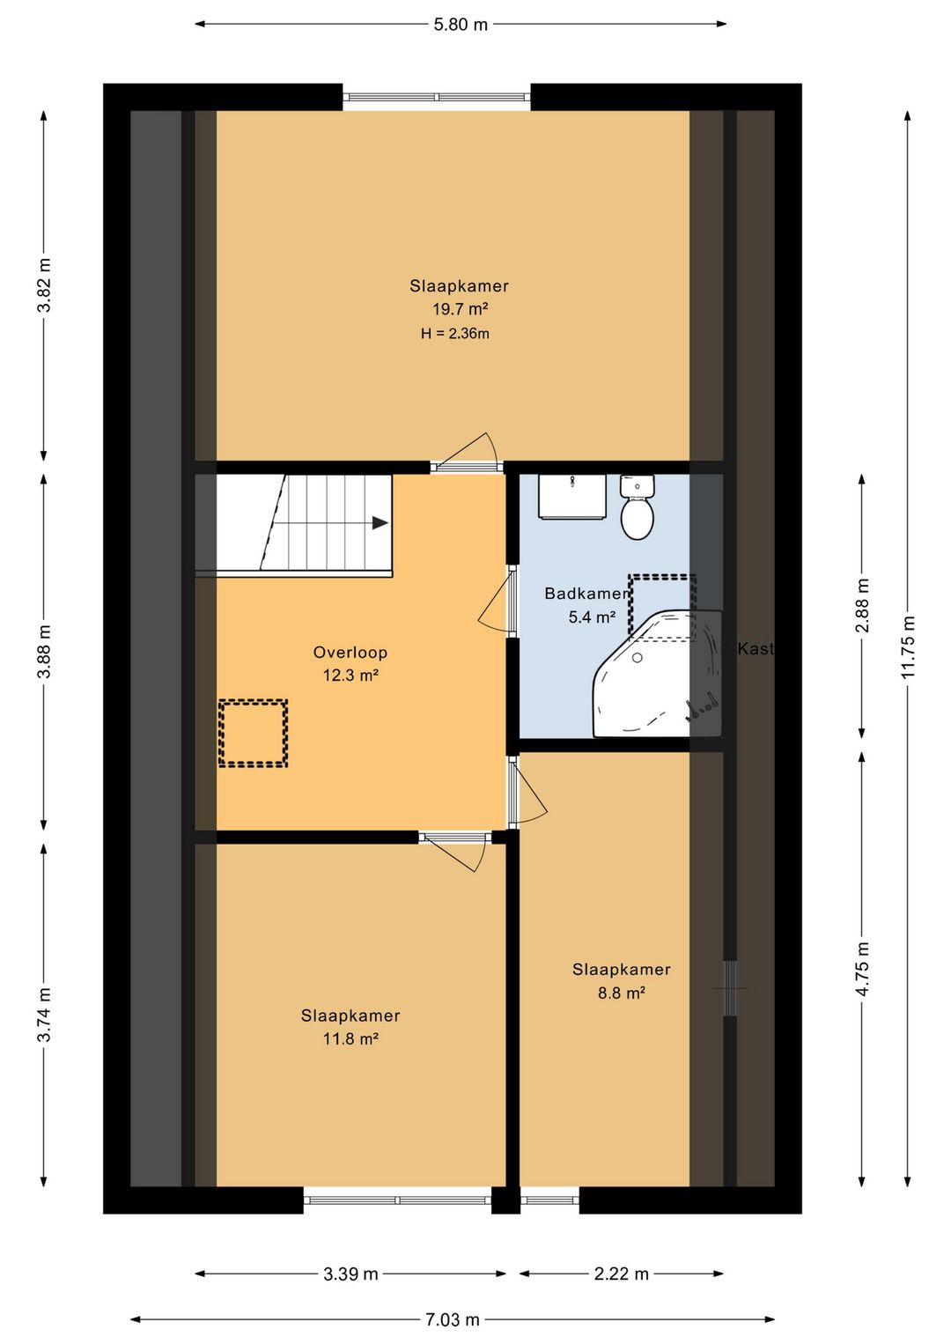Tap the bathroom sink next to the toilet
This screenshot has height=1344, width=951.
(573, 497)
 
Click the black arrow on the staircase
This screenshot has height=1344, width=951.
(380, 522)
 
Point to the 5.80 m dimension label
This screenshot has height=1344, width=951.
(461, 25)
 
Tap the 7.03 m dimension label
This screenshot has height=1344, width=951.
(453, 1318)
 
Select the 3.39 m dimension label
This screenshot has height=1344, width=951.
(350, 1274)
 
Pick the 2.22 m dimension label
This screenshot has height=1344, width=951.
(621, 1274)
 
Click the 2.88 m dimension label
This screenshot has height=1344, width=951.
(862, 606)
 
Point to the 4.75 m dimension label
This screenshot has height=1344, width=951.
(862, 970)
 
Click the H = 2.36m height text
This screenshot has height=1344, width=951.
(454, 334)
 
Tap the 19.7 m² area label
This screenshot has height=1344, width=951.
(461, 309)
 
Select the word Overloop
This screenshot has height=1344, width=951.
(350, 653)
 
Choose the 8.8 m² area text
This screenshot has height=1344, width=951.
(621, 993)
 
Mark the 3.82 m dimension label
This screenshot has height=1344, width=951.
(44, 285)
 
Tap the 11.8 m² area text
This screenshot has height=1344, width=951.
(350, 1038)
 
